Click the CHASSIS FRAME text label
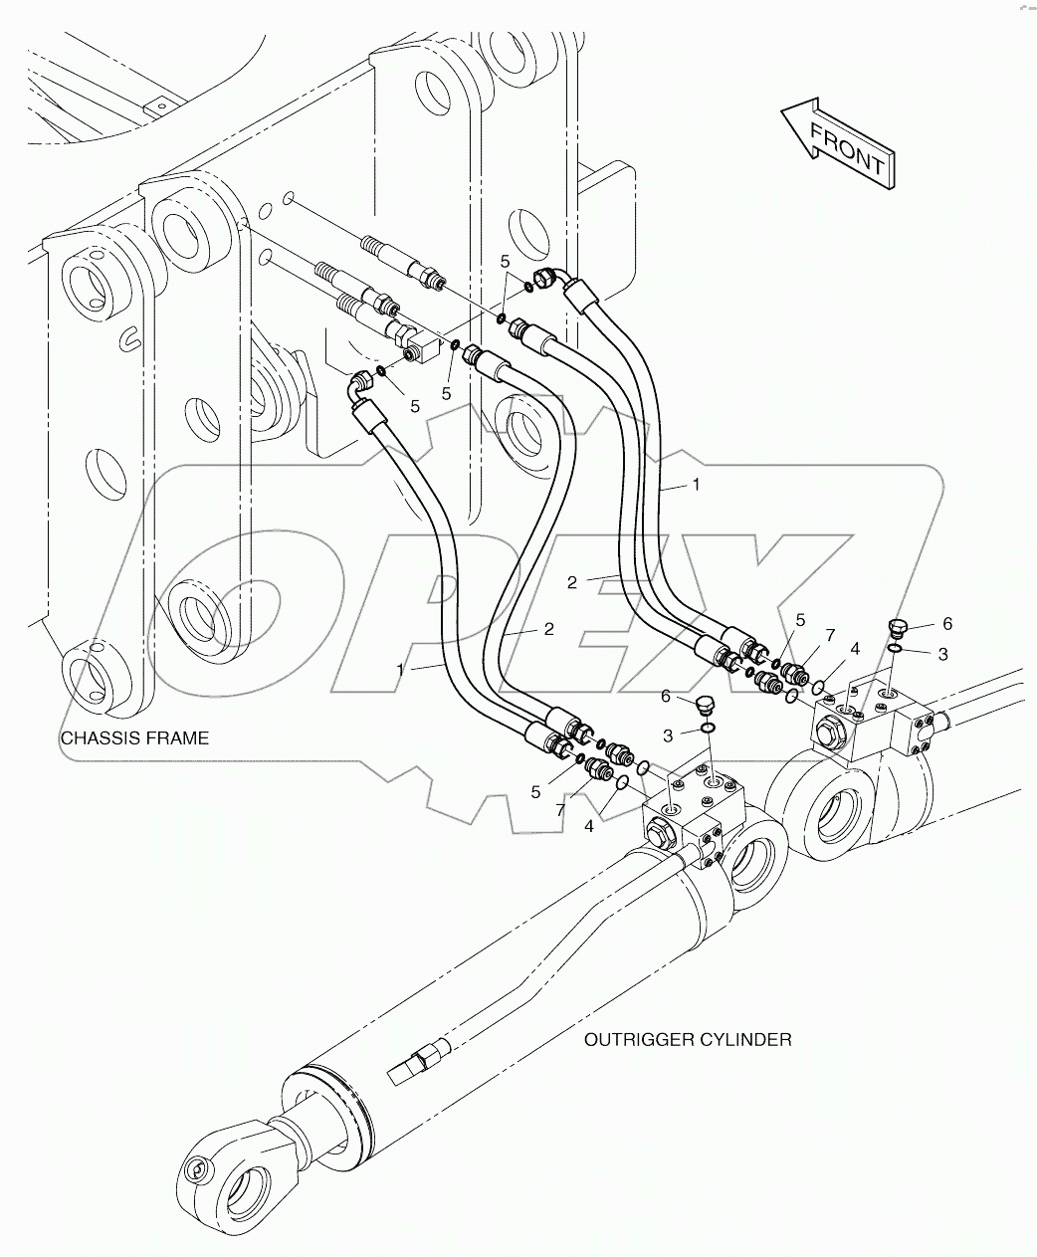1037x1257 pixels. tap(135, 737)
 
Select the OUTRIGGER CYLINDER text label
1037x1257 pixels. tap(687, 1039)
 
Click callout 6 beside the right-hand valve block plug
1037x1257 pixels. tap(946, 624)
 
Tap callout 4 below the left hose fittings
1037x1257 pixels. tap(589, 825)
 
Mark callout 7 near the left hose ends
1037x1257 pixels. tap(560, 810)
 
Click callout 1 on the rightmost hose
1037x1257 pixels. tap(697, 485)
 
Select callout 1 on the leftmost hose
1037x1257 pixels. tap(401, 670)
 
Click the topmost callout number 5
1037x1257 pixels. tap(506, 261)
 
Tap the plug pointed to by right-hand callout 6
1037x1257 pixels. tap(897, 627)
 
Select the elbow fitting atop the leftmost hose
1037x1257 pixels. tap(360, 384)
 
